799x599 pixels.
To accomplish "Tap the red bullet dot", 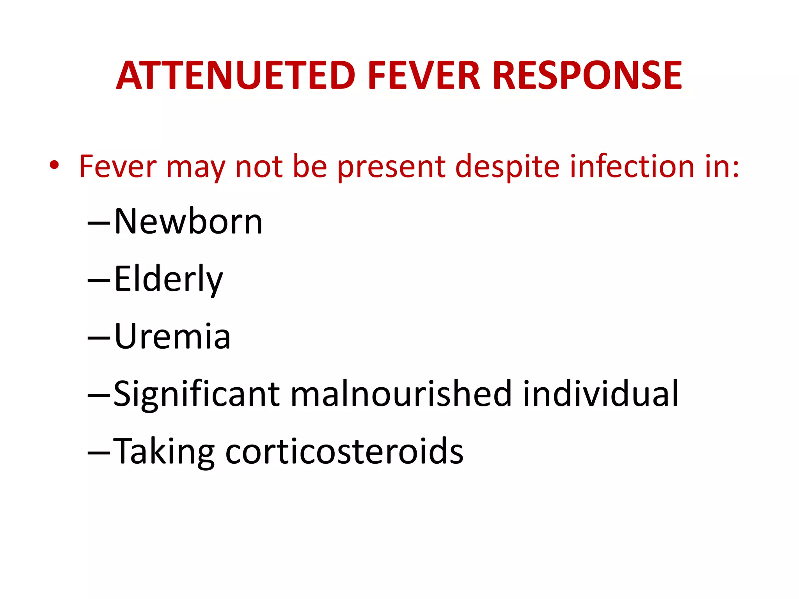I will (54, 165).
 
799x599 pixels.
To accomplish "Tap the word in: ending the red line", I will (722, 167).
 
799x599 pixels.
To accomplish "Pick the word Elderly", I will (168, 279).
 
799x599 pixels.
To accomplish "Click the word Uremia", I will (172, 336).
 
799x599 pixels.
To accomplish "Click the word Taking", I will (164, 451).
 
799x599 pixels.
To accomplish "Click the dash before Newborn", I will (99, 224).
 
